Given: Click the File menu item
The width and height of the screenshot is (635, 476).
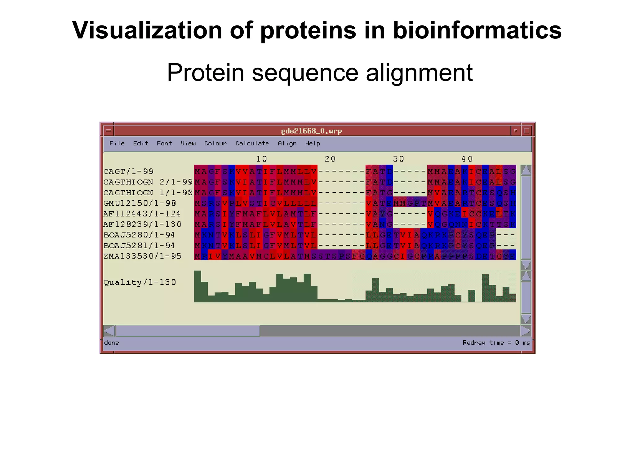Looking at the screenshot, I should [117, 143].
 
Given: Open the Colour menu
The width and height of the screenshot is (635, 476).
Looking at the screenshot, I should [215, 143].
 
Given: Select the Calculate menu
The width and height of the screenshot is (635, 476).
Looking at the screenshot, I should [252, 143].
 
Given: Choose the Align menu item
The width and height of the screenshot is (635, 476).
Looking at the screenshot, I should [287, 143].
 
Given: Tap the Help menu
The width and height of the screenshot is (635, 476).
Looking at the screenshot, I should [313, 143].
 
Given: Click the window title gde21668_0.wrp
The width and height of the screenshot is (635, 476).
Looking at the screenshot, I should [311, 131].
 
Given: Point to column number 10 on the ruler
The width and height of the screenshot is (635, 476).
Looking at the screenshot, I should [262, 159].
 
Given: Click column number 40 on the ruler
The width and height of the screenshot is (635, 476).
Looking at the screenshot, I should [467, 159].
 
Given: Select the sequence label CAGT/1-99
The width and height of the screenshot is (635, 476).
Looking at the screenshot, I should [128, 171].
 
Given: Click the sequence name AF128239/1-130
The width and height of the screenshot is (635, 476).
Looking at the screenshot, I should [142, 224].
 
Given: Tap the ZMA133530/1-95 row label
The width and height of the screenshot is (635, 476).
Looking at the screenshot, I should [142, 256].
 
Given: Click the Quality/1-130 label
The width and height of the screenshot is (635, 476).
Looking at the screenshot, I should [140, 282].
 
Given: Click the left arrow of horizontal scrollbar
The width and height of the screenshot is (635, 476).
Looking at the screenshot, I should [109, 331].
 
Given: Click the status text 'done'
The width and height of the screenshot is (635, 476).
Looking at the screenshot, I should [111, 343].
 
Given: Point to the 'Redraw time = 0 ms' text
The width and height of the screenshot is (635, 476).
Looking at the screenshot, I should [496, 343].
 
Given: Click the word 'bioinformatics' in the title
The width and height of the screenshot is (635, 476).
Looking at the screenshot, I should [477, 30].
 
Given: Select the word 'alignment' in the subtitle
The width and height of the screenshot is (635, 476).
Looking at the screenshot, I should [419, 73].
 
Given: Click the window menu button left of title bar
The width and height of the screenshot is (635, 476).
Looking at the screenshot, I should [109, 131].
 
